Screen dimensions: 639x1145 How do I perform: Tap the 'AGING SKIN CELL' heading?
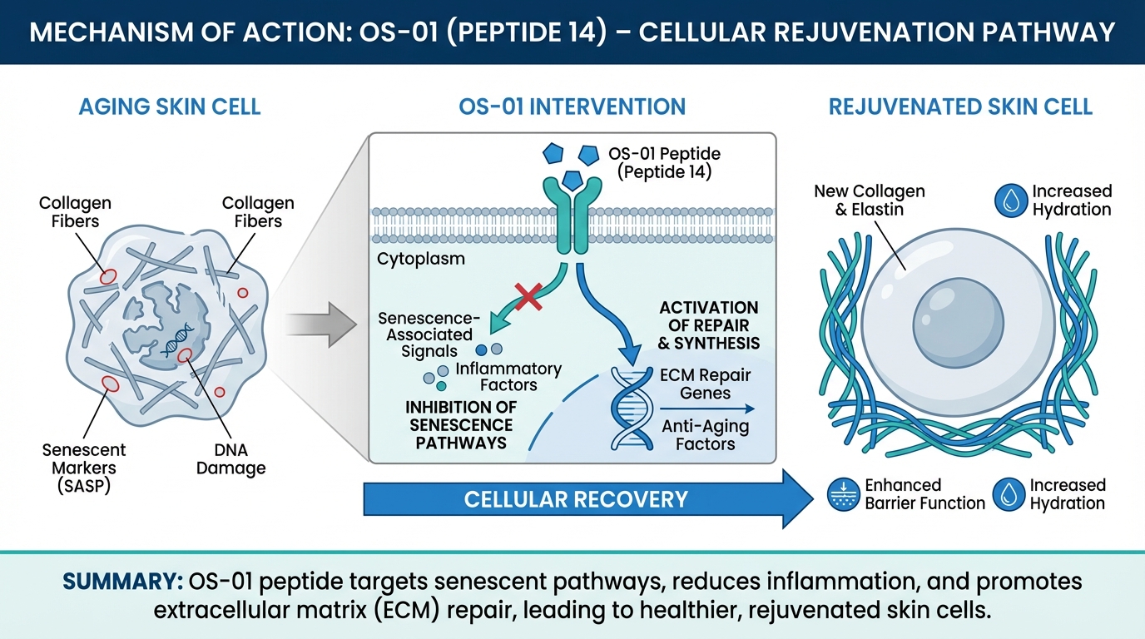(170, 106)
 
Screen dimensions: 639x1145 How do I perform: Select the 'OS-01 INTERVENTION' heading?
(572, 106)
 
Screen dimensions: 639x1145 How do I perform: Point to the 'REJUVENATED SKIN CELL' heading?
(960, 106)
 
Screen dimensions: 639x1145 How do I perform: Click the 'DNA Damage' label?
(230, 458)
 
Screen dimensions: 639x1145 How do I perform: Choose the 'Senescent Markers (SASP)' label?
(84, 468)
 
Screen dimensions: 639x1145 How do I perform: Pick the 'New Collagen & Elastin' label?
(869, 201)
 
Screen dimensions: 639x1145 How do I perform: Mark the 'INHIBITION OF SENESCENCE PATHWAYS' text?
(461, 425)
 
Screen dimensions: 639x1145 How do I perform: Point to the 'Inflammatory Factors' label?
(508, 376)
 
